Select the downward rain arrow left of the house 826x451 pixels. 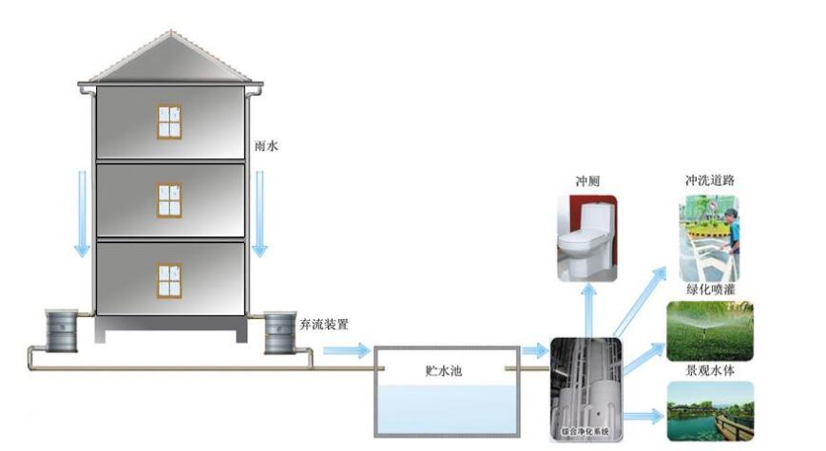[x=83, y=214]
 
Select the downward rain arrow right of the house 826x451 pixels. [x=259, y=214]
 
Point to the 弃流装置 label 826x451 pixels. [x=324, y=324]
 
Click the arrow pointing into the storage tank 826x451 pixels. [x=344, y=351]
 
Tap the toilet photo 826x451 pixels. [x=586, y=238]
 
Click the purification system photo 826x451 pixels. [x=586, y=389]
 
